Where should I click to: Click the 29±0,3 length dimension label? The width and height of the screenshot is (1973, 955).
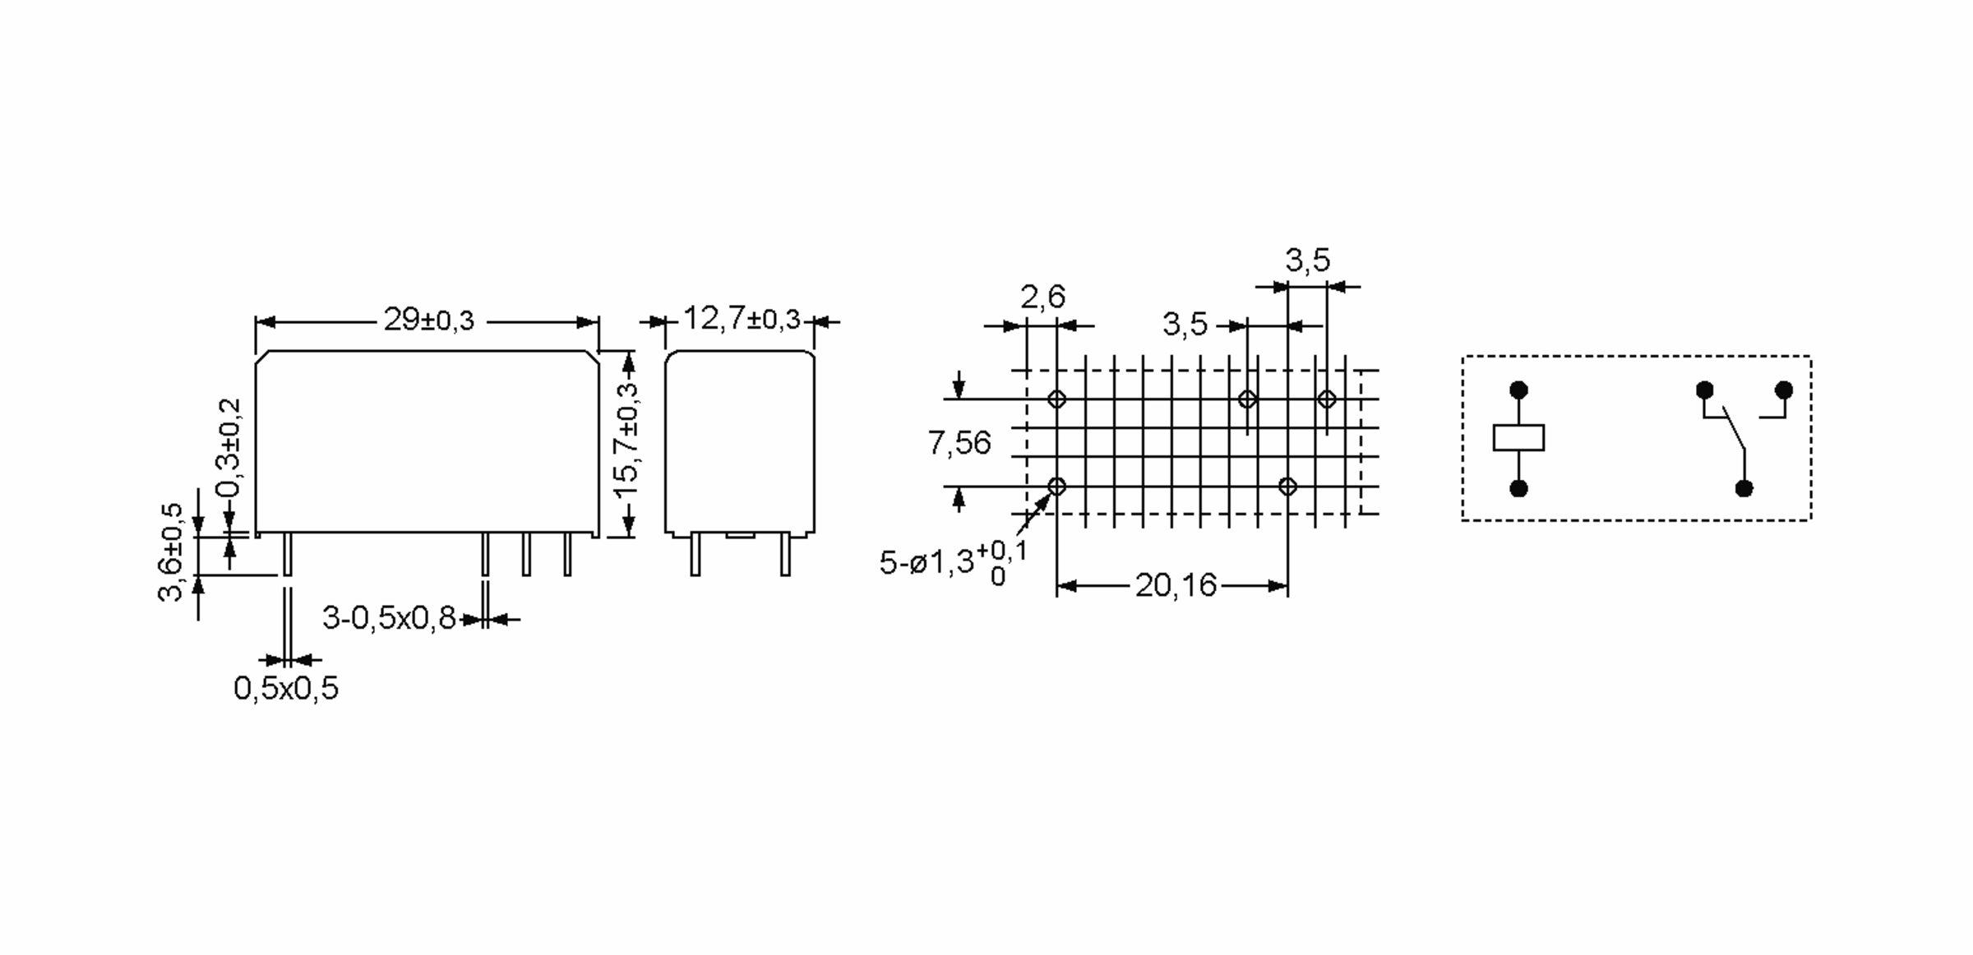point(428,320)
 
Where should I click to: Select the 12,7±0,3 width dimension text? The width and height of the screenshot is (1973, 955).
point(741,318)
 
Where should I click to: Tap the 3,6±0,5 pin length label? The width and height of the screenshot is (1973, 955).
point(171,552)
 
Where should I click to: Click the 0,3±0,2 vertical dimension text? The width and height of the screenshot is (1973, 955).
point(229,448)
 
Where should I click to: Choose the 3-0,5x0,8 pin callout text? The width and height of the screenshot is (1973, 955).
point(389,618)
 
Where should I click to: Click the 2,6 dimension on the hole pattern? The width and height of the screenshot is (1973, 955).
point(1042,297)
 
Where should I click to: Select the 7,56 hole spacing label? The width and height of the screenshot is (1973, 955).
point(959,443)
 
